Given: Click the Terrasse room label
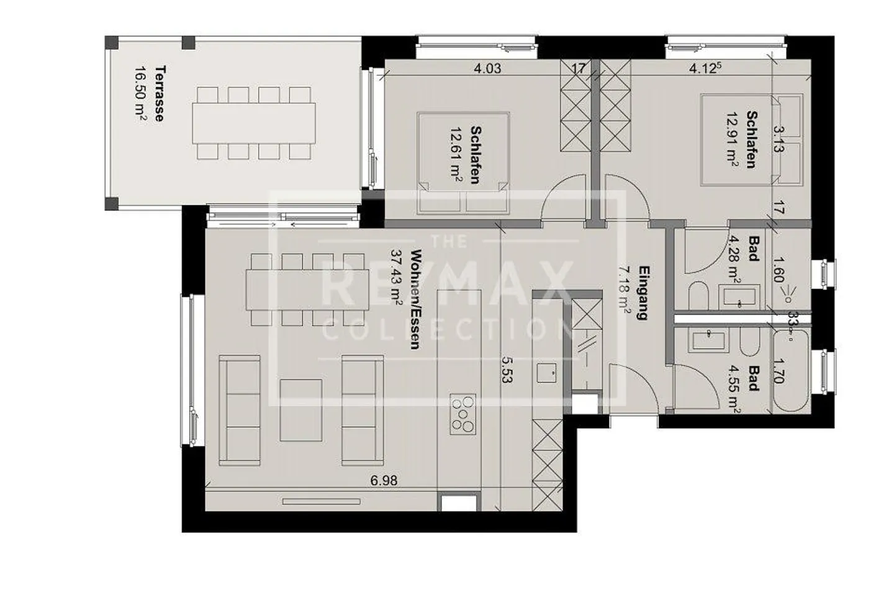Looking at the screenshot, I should pos(160,93).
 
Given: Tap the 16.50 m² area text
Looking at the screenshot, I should pos(140,93).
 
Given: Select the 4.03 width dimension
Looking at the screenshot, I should pos(487,68).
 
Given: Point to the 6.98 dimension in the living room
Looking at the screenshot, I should pos(384,480).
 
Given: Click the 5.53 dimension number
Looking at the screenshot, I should pos(506,369).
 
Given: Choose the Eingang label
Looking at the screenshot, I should pos(644,293).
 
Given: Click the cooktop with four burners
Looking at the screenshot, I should pos(463,413).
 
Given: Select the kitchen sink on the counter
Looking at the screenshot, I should pos(546,372).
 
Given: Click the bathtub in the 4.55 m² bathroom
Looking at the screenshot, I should pos(790,370).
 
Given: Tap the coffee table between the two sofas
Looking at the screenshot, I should pos(301,409).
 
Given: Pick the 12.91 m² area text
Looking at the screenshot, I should pos(733,140).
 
